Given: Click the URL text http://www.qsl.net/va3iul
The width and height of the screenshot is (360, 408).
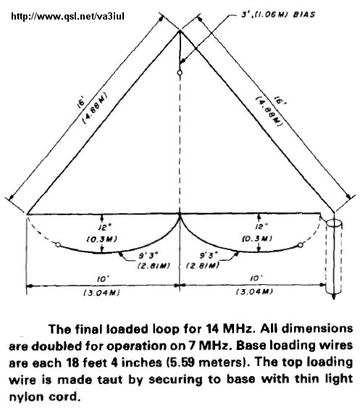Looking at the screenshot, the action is [x=67, y=17].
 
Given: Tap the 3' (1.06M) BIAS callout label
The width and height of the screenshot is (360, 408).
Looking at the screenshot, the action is [x=277, y=14].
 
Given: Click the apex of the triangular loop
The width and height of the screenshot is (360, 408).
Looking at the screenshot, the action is [x=180, y=31].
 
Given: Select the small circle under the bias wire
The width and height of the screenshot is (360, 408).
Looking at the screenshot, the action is [x=180, y=72].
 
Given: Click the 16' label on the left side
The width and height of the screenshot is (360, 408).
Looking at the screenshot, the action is [x=81, y=102].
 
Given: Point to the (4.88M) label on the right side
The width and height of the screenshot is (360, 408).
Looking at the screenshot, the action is [x=269, y=112].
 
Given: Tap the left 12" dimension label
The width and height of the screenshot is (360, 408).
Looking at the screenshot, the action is [x=103, y=228].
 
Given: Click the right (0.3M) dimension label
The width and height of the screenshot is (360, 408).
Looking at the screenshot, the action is [x=257, y=238].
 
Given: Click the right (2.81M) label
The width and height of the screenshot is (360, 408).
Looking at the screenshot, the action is [x=203, y=266].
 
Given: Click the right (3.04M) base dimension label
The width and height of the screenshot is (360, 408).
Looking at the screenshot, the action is [x=254, y=291].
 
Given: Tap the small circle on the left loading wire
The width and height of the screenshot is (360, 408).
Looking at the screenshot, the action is [x=58, y=245].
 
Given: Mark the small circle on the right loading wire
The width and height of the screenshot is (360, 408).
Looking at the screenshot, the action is [x=301, y=245].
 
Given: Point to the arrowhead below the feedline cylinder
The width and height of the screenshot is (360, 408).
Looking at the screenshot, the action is [x=334, y=296].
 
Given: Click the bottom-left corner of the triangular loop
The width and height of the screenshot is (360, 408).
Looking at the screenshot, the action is [x=27, y=215].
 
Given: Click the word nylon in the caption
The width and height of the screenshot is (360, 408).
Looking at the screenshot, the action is [x=27, y=397].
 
